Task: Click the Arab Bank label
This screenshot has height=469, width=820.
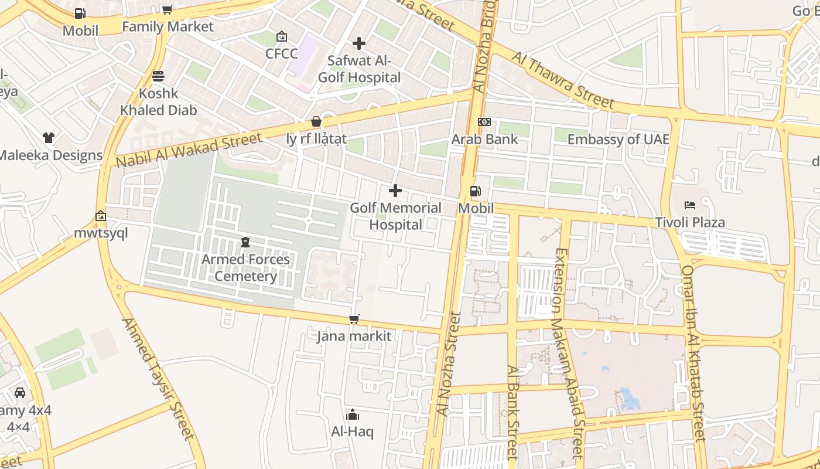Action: [x=484, y=139]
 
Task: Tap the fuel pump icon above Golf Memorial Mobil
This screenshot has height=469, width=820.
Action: [x=476, y=191]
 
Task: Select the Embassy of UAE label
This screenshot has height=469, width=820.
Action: [x=618, y=140]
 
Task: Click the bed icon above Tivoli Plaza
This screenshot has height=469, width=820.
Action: [x=691, y=205]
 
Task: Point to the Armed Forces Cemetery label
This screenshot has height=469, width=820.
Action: [x=245, y=267]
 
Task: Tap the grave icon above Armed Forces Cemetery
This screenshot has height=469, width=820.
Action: [x=245, y=242]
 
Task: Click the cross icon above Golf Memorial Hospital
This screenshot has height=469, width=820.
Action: [x=395, y=191]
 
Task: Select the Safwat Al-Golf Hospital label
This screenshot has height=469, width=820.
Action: [x=359, y=69]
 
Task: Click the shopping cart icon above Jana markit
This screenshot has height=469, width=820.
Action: [x=354, y=319]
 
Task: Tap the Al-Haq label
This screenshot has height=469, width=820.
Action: [x=352, y=431]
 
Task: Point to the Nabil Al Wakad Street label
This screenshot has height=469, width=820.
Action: [x=189, y=150]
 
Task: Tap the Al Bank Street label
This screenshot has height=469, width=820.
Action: [x=513, y=411]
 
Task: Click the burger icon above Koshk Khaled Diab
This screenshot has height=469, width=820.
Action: [x=158, y=76]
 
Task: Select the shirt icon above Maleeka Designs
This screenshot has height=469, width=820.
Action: [x=49, y=138]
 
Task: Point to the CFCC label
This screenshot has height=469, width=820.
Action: [x=282, y=54]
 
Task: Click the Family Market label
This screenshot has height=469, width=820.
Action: [x=168, y=26]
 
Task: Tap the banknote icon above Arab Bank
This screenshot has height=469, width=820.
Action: [x=484, y=122]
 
